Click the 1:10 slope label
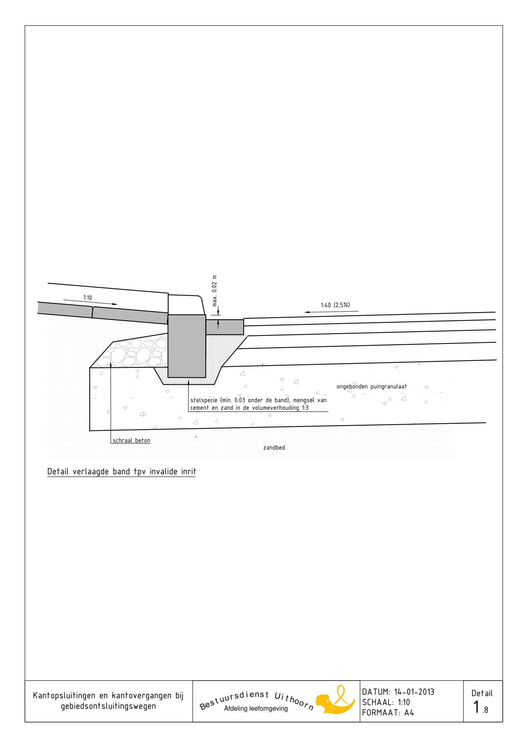[88, 298]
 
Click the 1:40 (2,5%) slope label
[335, 305]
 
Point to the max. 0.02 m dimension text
[214, 291]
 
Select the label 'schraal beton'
[131, 440]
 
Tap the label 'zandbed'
[274, 448]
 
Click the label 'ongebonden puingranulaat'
[371, 386]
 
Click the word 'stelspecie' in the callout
[204, 400]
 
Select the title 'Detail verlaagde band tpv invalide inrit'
[122, 471]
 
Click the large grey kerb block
[187, 346]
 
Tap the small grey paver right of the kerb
[225, 327]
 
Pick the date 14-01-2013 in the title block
[414, 692]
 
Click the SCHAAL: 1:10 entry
[386, 702]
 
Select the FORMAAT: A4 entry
[388, 713]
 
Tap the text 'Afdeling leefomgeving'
[256, 708]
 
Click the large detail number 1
[476, 707]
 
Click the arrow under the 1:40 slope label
[331, 312]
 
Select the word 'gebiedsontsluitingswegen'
[108, 706]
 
